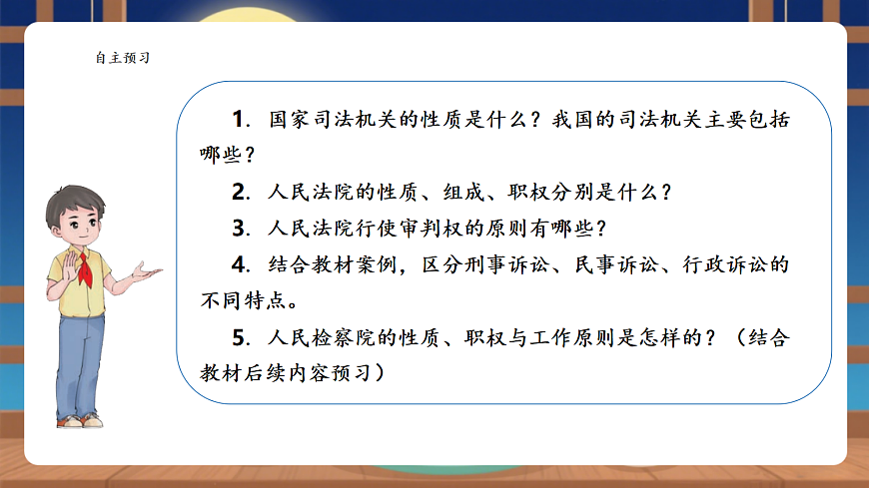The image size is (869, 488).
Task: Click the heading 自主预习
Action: point(122,58)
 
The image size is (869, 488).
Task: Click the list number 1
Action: point(238,119)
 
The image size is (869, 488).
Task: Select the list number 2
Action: point(238,191)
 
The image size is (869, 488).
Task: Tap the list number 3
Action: point(238,228)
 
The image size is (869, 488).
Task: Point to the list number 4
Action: point(238,264)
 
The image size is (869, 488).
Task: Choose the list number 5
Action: point(238,337)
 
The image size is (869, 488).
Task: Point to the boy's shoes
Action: point(80,420)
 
